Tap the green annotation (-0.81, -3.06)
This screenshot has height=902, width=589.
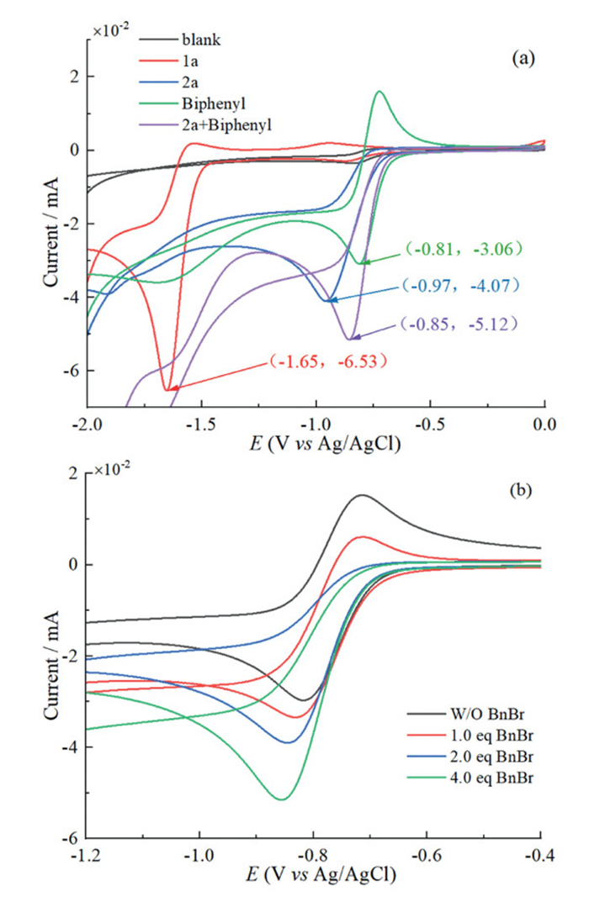[464, 249]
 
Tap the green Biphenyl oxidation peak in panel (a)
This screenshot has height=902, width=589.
[380, 92]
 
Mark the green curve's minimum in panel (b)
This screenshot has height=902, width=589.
[282, 798]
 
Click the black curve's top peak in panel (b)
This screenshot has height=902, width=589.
[363, 495]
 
